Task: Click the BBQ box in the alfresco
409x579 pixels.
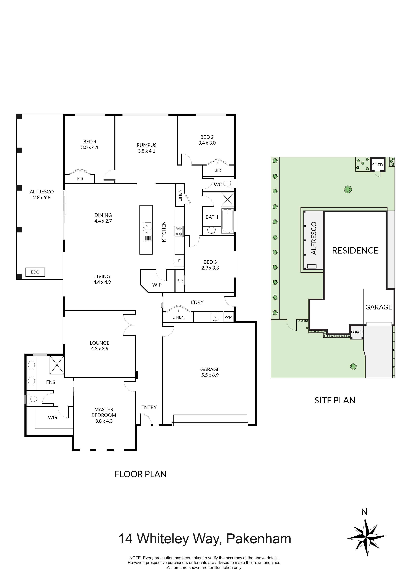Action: [35, 272]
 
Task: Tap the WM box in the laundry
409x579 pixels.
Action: [229, 317]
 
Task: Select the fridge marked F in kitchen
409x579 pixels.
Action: [179, 261]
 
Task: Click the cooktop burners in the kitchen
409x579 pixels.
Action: [179, 231]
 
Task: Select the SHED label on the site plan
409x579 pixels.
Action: [377, 165]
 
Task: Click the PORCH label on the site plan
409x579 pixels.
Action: [357, 332]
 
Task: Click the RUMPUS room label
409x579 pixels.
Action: [146, 145]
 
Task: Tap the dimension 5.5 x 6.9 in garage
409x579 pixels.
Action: [210, 375]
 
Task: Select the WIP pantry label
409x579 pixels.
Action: [157, 285]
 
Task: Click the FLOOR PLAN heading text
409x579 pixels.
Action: [140, 474]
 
